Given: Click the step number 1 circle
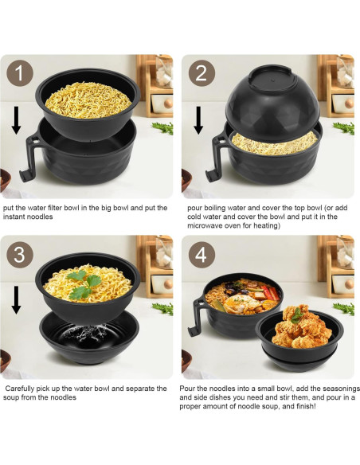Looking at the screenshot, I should [20, 73].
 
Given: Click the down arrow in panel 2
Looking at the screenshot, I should [198, 120].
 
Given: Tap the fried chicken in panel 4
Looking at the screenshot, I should [298, 326].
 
